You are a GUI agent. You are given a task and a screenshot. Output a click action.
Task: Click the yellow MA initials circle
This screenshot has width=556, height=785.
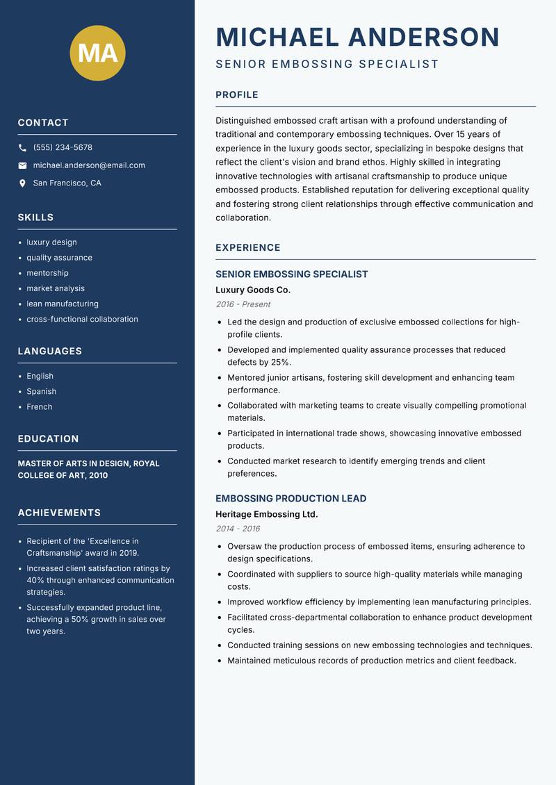click(98, 53)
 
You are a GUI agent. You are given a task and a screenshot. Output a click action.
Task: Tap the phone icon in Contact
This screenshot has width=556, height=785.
click(22, 148)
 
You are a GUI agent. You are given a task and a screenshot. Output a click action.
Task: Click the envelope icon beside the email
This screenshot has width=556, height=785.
click(22, 165)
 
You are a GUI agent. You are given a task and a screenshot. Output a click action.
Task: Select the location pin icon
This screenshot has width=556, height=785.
click(22, 183)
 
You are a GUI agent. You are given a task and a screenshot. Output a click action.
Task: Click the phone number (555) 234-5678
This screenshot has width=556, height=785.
click(63, 148)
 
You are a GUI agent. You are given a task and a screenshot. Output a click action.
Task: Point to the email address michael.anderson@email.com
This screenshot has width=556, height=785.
click(89, 165)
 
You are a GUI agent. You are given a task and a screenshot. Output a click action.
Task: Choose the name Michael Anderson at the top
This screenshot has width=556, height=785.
click(357, 37)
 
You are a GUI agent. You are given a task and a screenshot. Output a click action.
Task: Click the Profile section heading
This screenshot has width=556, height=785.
click(237, 95)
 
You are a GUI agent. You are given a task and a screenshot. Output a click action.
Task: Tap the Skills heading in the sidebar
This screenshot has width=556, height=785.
click(35, 217)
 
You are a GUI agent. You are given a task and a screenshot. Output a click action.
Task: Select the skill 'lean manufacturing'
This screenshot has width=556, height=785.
click(63, 304)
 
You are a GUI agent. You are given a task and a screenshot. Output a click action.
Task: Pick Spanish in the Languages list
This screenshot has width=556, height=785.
click(42, 391)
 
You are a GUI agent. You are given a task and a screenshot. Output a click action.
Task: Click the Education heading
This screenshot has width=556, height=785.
click(49, 439)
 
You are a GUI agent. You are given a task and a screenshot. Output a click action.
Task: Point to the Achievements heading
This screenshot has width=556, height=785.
click(59, 513)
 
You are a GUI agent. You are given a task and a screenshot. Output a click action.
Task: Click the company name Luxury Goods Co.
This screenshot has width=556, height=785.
click(253, 290)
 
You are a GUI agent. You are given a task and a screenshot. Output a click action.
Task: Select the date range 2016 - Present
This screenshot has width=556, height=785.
click(243, 304)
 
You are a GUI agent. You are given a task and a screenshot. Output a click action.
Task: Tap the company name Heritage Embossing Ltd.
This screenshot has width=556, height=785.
click(266, 514)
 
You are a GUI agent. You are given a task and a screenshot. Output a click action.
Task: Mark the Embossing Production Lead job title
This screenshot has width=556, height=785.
click(291, 499)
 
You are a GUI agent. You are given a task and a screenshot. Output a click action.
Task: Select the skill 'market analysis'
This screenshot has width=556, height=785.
click(56, 288)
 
